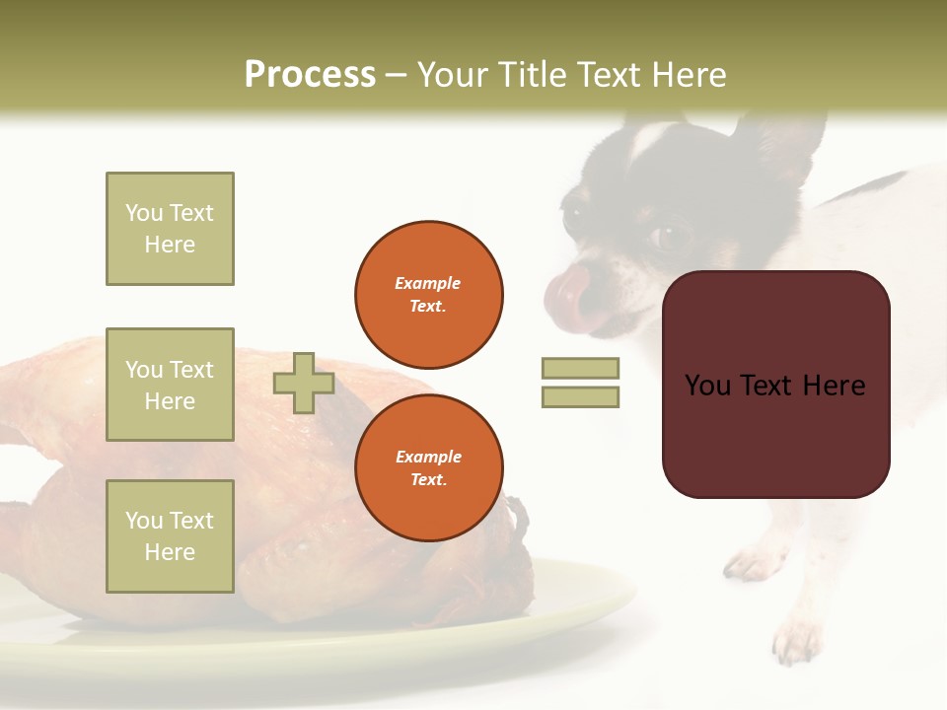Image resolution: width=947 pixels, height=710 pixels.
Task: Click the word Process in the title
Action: (x=310, y=75)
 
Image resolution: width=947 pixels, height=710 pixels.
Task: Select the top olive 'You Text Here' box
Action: (x=170, y=229)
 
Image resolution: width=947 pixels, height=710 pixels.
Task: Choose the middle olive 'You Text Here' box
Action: (x=170, y=385)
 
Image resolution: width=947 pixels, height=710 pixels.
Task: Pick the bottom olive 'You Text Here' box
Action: (x=170, y=535)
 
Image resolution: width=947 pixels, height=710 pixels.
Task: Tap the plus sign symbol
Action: (x=304, y=383)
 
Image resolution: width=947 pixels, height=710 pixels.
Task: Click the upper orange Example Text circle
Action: (x=428, y=294)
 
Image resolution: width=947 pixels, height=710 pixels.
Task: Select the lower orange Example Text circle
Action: (x=428, y=467)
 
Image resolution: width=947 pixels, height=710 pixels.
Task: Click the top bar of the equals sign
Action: (x=580, y=368)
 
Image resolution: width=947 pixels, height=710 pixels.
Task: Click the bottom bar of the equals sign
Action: (x=580, y=396)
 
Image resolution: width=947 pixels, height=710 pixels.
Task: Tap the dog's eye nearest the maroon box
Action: (x=672, y=237)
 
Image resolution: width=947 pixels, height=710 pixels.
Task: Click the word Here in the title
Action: (x=691, y=75)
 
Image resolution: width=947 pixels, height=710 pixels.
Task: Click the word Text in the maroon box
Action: (x=775, y=386)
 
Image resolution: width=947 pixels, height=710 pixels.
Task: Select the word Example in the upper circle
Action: (x=428, y=283)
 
